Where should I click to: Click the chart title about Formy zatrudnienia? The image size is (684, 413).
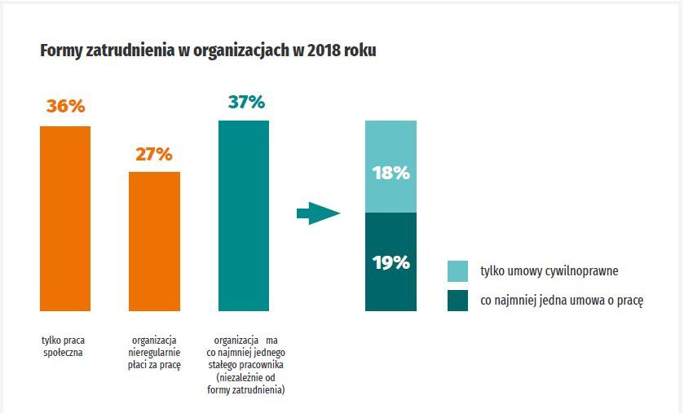[x=208, y=51]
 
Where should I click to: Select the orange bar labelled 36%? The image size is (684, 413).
[x=65, y=218]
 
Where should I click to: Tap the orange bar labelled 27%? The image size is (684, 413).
[x=154, y=241]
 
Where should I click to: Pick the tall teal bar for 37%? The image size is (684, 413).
[x=243, y=215]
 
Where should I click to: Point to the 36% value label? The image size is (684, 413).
[x=65, y=107]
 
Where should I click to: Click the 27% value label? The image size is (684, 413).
[x=154, y=153]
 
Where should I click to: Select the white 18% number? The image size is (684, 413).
[x=391, y=174]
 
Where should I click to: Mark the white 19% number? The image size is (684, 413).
[x=391, y=262]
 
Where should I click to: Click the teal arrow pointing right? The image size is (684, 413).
[x=317, y=214]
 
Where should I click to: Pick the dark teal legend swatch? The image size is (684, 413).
[x=458, y=301]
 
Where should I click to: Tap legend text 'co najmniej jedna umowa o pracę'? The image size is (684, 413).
[x=562, y=301]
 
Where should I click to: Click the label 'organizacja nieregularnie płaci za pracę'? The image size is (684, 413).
[x=155, y=353]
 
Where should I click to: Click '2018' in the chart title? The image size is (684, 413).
[x=331, y=51]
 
